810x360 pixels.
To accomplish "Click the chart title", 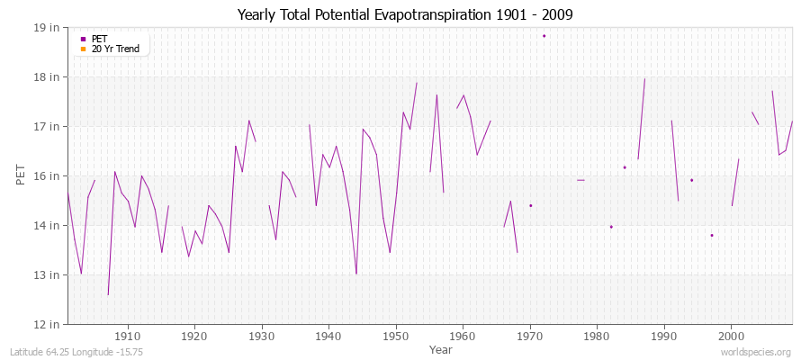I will pos(405,14).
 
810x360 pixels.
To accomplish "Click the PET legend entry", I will pos(99,39).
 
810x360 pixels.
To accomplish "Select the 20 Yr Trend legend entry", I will pos(115,49).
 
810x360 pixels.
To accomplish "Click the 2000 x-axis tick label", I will pos(731,337).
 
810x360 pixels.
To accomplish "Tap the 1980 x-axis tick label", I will pos(597,337).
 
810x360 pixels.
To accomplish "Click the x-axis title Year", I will pos(441,348).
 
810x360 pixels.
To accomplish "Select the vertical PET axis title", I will pos(20,175).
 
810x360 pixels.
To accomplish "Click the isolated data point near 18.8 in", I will pos(544,36).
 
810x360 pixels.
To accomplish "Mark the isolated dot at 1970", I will pos(530,205).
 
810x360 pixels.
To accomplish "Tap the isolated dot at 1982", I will pos(611,227).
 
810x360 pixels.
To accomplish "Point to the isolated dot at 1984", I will pos(625,167).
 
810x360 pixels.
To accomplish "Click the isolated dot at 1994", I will pos(691,180).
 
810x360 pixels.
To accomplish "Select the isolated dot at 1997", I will pos(711,236).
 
